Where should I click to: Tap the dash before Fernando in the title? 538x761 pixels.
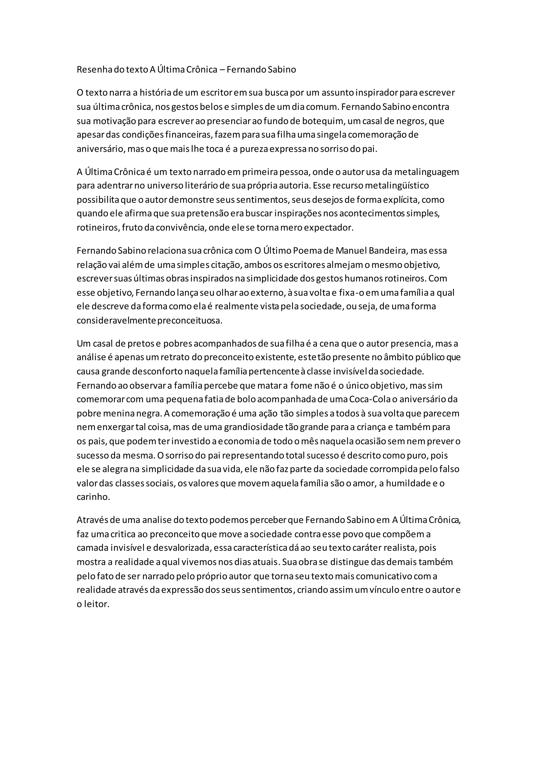222,70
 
